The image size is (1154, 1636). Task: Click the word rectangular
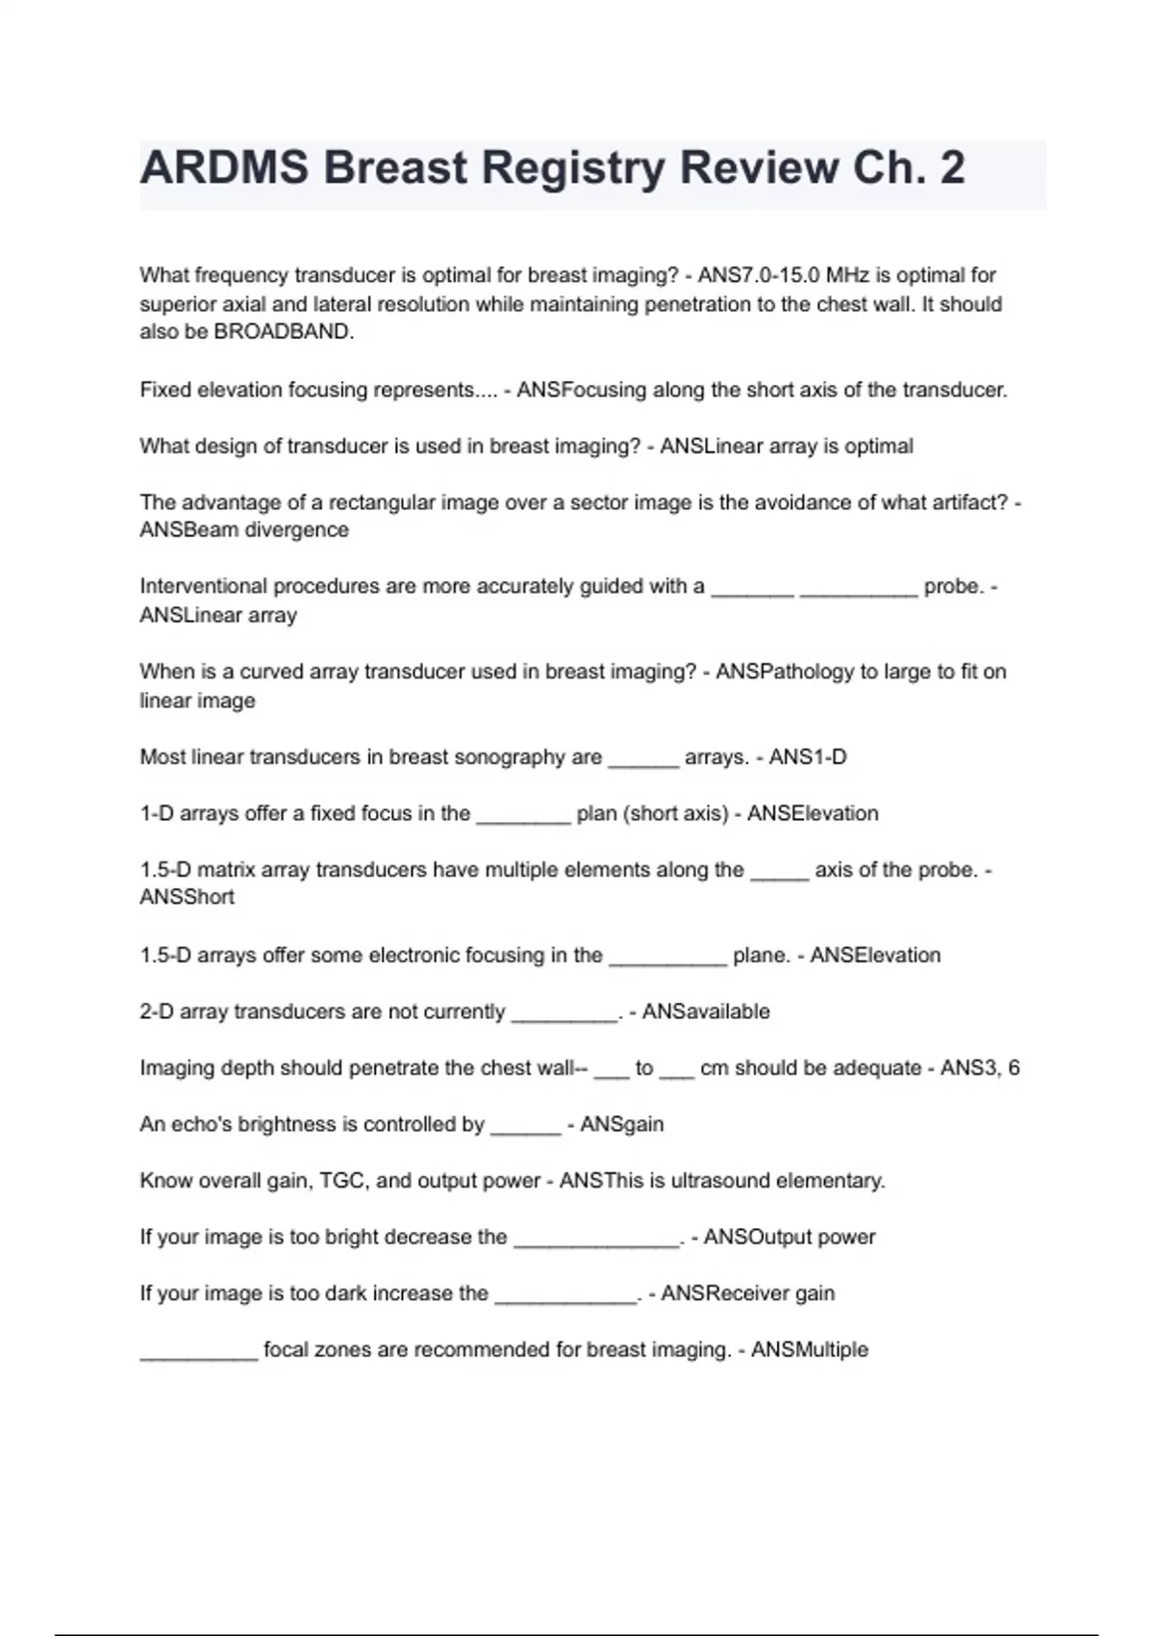click(x=381, y=502)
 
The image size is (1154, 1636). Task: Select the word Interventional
click(x=199, y=586)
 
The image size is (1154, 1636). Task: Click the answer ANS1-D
click(x=808, y=757)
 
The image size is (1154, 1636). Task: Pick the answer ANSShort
click(x=187, y=897)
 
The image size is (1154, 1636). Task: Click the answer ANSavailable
click(x=706, y=1011)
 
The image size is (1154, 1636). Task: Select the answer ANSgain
click(x=621, y=1124)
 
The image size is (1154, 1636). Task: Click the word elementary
click(x=837, y=1181)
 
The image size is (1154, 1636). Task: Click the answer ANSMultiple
click(x=810, y=1350)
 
